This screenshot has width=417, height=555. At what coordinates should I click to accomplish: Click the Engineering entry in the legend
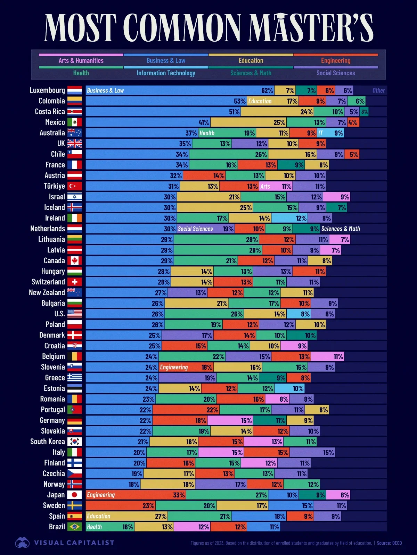pyautogui.click(x=335, y=60)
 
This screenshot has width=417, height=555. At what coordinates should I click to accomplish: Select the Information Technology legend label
pyautogui.click(x=166, y=73)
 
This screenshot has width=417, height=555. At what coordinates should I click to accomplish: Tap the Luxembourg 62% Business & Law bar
pyautogui.click(x=180, y=91)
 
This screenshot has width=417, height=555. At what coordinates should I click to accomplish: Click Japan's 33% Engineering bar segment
pyautogui.click(x=136, y=495)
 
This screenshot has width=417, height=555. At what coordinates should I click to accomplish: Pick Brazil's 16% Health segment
pyautogui.click(x=109, y=527)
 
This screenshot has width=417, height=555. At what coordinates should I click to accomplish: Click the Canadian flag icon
pyautogui.click(x=75, y=261)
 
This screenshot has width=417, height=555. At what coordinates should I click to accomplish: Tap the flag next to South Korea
pyautogui.click(x=75, y=442)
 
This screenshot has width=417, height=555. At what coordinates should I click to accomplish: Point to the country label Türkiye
pyautogui.click(x=54, y=186)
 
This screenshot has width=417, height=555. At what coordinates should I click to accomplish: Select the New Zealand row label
pyautogui.click(x=47, y=292)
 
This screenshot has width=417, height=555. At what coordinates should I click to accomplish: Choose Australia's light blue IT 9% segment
pyautogui.click(x=330, y=133)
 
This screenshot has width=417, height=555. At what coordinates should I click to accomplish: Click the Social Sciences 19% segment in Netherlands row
pyautogui.click(x=205, y=229)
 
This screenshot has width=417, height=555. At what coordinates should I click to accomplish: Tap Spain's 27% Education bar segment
pyautogui.click(x=127, y=516)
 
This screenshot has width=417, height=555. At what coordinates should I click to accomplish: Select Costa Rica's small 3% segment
pyautogui.click(x=364, y=112)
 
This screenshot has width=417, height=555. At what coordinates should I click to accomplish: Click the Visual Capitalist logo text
pyautogui.click(x=74, y=543)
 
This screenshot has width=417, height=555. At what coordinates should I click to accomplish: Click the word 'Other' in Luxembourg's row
pyautogui.click(x=378, y=91)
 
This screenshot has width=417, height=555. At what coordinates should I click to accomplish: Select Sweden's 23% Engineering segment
pyautogui.click(x=120, y=505)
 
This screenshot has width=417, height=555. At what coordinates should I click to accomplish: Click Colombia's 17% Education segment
pyautogui.click(x=273, y=101)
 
